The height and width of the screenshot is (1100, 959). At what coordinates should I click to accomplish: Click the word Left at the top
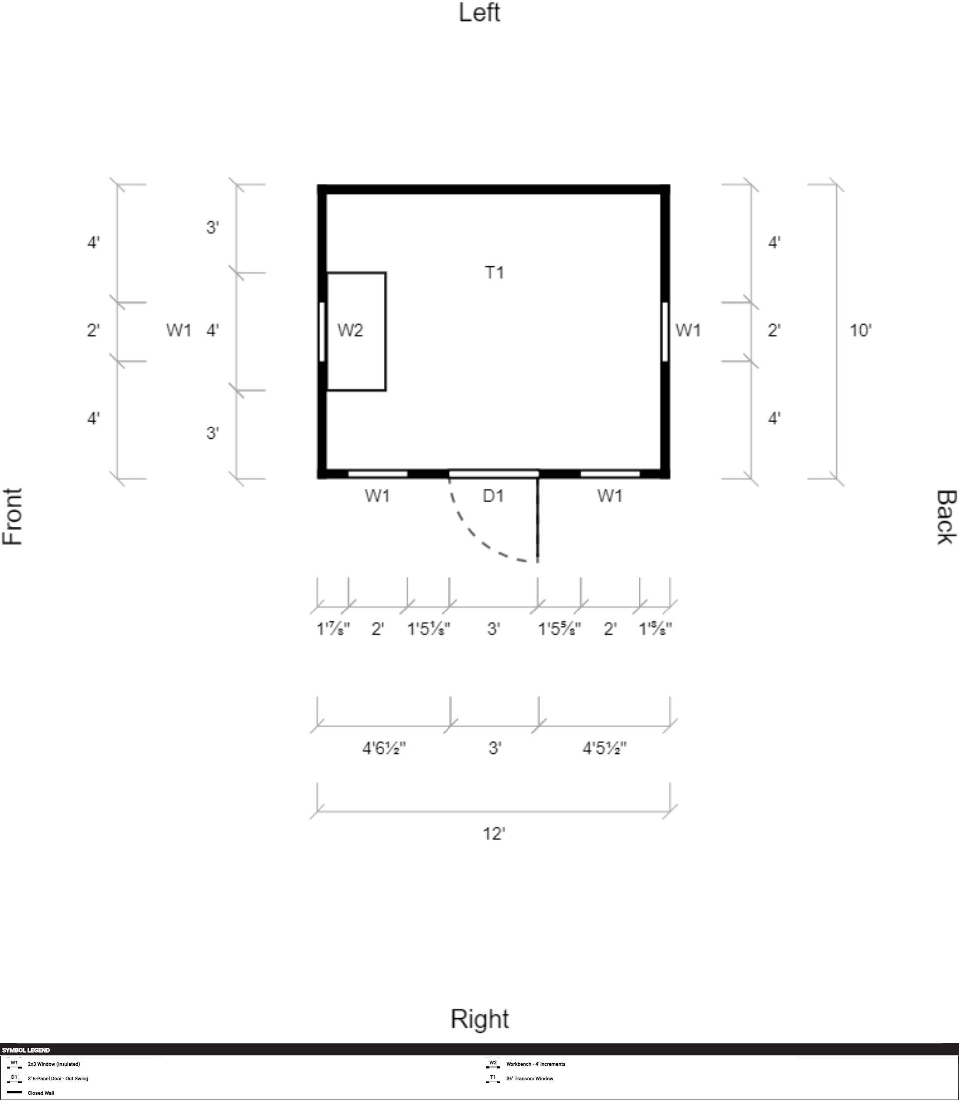tap(479, 13)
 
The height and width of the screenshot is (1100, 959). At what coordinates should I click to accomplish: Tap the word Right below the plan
tap(479, 1019)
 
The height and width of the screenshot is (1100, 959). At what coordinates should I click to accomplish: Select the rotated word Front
tap(13, 516)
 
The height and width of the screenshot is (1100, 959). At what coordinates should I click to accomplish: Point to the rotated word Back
tap(946, 517)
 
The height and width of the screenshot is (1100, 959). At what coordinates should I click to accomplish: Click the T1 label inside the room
tap(495, 273)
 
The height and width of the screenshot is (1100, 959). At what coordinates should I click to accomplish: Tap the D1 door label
tap(493, 496)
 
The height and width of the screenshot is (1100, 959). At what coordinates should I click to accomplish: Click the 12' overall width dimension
tap(494, 834)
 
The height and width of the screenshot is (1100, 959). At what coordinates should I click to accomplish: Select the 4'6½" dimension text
tap(384, 748)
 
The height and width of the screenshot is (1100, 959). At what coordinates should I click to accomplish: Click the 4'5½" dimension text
tap(605, 748)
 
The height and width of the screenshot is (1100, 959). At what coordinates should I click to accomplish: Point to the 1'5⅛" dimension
tap(429, 629)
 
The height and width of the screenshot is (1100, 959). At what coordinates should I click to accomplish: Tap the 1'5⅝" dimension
tap(559, 629)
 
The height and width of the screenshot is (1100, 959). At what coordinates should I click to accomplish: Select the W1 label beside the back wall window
tap(688, 330)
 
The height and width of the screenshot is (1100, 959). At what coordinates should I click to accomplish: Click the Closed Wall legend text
tap(41, 1093)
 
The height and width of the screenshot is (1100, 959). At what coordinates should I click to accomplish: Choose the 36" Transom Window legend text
tap(530, 1079)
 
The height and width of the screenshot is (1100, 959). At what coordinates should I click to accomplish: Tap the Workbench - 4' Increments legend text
tap(536, 1064)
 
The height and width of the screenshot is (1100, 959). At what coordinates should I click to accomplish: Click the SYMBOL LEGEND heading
tap(26, 1050)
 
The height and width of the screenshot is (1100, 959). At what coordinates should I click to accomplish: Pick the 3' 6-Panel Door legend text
tap(58, 1079)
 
